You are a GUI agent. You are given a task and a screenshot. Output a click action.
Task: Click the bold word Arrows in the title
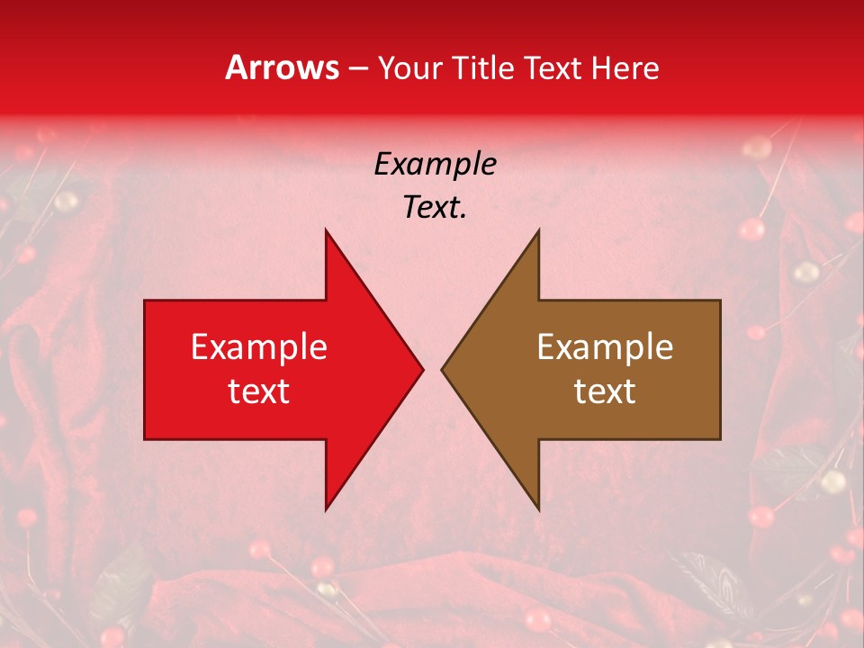(x=283, y=67)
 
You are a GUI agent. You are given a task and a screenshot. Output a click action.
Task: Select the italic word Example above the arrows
(x=435, y=164)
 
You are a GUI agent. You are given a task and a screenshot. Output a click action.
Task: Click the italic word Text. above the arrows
(x=435, y=208)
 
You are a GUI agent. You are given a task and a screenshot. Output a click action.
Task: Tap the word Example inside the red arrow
(x=259, y=347)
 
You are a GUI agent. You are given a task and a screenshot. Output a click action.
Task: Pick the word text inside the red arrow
(x=259, y=391)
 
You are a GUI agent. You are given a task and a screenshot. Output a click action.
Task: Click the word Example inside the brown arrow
(x=605, y=347)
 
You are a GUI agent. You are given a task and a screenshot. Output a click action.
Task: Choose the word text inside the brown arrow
(x=605, y=391)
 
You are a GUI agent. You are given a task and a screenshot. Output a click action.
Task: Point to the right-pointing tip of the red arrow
(x=423, y=369)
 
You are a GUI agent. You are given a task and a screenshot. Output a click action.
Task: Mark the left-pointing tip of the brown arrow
(x=442, y=369)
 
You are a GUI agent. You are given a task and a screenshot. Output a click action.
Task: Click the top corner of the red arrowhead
(x=326, y=229)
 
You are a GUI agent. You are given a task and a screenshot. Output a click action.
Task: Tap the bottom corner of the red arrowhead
(x=326, y=509)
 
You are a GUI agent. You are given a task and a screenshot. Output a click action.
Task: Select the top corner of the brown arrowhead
(x=538, y=229)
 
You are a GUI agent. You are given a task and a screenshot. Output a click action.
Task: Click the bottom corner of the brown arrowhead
(x=538, y=509)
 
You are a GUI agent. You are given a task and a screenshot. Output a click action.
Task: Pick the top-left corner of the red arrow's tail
(x=145, y=301)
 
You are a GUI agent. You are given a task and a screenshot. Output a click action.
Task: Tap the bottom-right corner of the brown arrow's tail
(x=720, y=439)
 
